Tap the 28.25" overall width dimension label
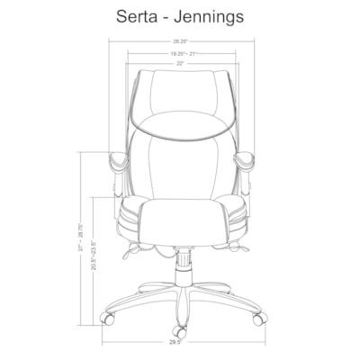[181, 40]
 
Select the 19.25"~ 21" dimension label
[181, 54]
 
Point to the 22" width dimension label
[181, 63]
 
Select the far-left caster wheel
[108, 318]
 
